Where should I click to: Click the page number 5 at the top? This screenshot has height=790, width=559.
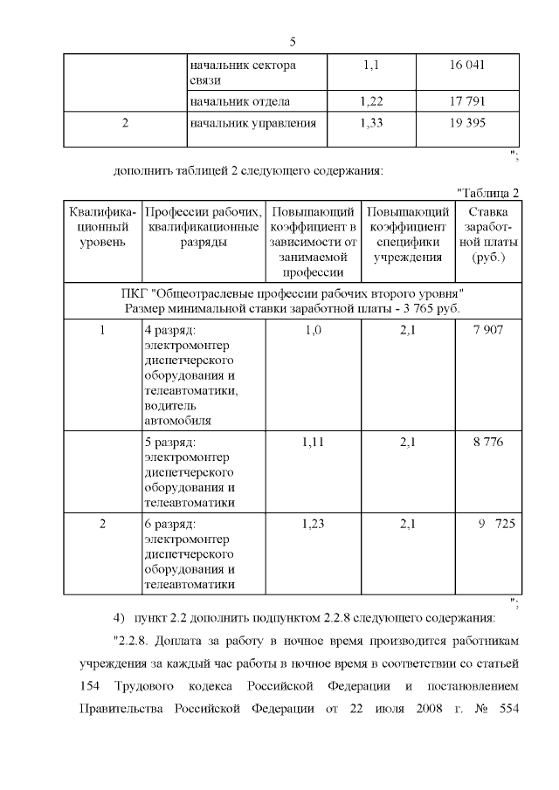(x=293, y=41)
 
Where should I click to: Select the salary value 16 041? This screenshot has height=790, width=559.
(x=467, y=65)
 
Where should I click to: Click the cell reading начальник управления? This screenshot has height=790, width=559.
(x=252, y=123)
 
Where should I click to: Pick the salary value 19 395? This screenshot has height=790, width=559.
(x=467, y=123)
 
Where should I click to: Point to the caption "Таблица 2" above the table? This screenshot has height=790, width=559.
(x=488, y=192)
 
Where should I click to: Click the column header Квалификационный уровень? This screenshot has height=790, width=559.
(x=101, y=227)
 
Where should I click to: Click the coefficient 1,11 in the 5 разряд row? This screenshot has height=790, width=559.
(x=313, y=443)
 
